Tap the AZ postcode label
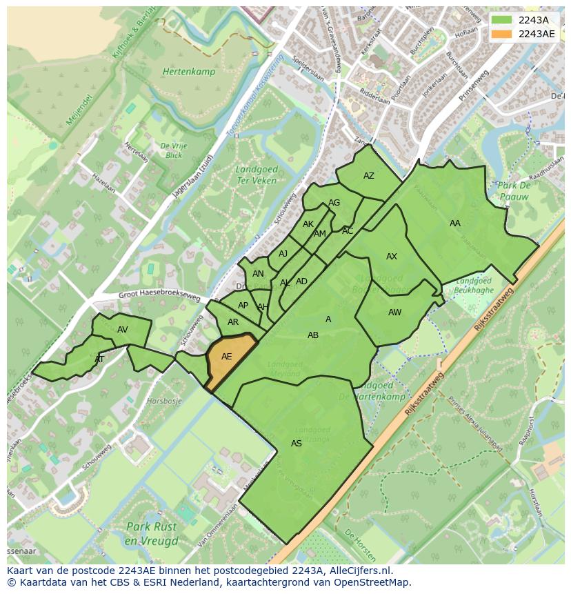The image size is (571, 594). (369, 176)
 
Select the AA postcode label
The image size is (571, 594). (455, 224)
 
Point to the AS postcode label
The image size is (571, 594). (297, 444)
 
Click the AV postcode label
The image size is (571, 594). (123, 330)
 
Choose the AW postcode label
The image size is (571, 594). (394, 313)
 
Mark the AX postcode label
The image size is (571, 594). (392, 257)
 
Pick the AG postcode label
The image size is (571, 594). (334, 203)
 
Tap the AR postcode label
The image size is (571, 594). (233, 322)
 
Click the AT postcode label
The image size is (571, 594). (99, 359)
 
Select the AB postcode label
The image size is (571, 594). (313, 335)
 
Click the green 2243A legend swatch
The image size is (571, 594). (502, 20)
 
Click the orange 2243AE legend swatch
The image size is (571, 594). (502, 34)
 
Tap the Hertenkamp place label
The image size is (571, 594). (189, 72)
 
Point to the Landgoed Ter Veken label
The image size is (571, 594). (256, 175)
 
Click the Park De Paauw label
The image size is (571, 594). (514, 191)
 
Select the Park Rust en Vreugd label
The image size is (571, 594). (152, 533)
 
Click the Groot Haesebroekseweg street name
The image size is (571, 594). (159, 296)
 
